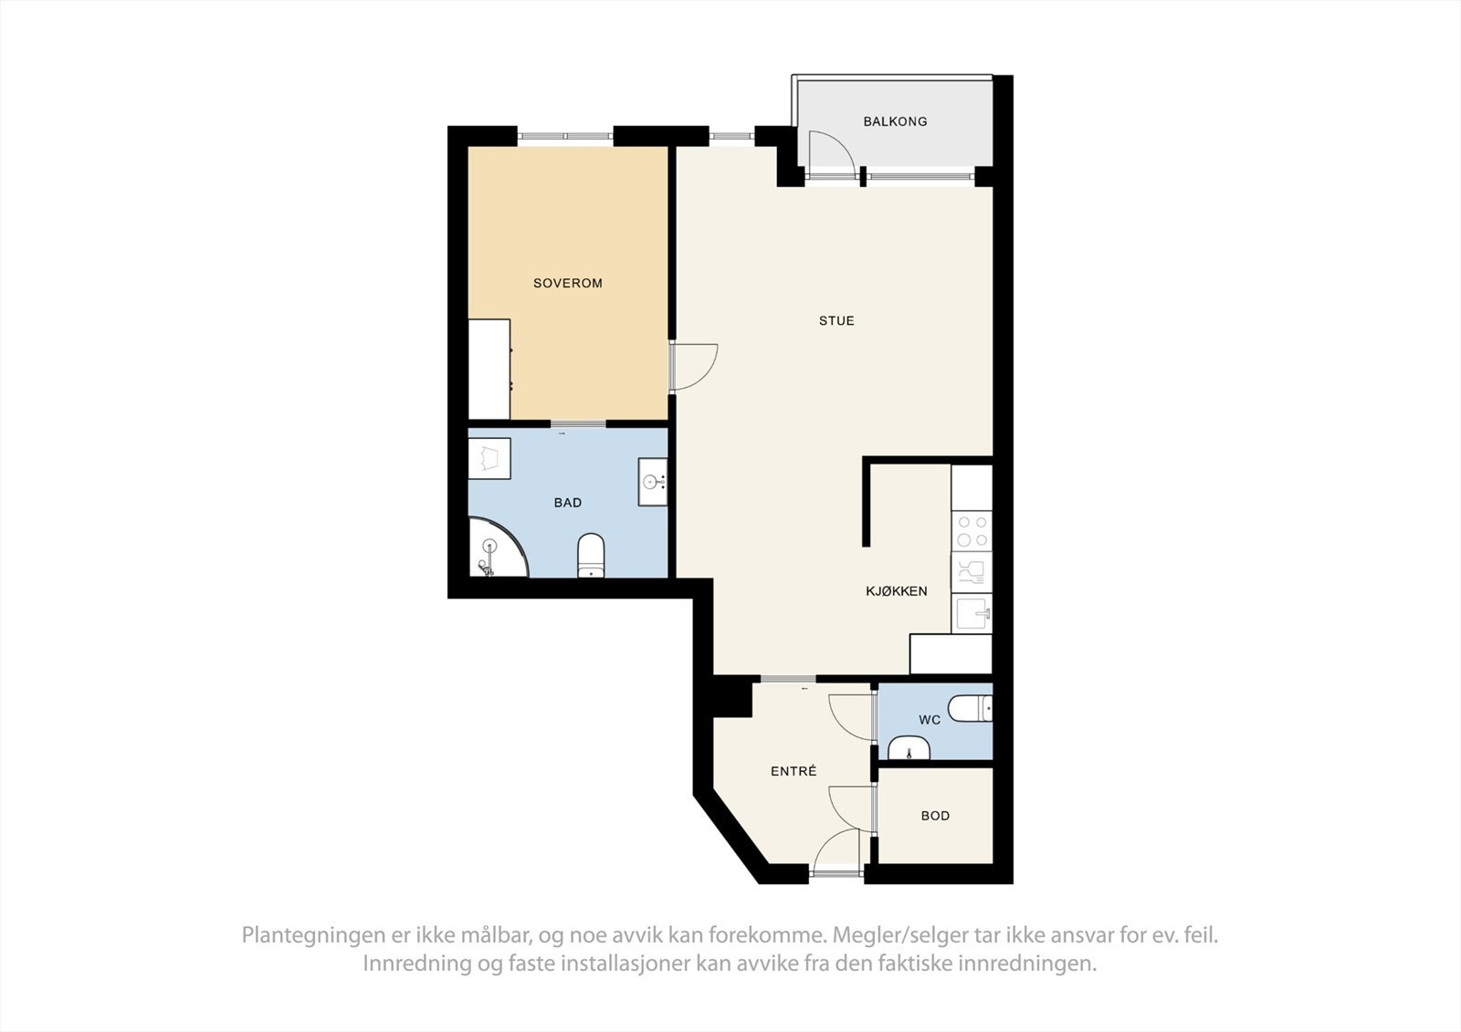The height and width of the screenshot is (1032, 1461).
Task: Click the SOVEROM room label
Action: tap(568, 284)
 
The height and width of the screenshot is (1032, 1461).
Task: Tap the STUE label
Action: tap(836, 321)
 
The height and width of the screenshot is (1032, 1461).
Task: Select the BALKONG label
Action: tap(895, 121)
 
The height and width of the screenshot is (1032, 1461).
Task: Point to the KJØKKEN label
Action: tap(897, 591)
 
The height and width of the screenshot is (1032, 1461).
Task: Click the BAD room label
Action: tap(568, 503)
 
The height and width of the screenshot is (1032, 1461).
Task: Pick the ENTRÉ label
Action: tap(794, 772)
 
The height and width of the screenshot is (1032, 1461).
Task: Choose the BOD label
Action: tap(935, 816)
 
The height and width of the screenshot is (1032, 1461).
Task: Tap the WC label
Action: tap(930, 720)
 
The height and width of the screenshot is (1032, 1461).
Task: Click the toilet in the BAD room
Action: tap(591, 556)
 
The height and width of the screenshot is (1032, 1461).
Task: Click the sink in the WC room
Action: tap(909, 749)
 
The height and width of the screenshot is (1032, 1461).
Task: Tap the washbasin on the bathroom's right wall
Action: tap(653, 482)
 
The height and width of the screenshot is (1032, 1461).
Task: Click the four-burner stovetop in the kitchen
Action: tap(972, 532)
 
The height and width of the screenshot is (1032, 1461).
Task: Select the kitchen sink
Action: tap(972, 613)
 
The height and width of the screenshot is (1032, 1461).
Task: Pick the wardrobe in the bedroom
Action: tap(489, 369)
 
